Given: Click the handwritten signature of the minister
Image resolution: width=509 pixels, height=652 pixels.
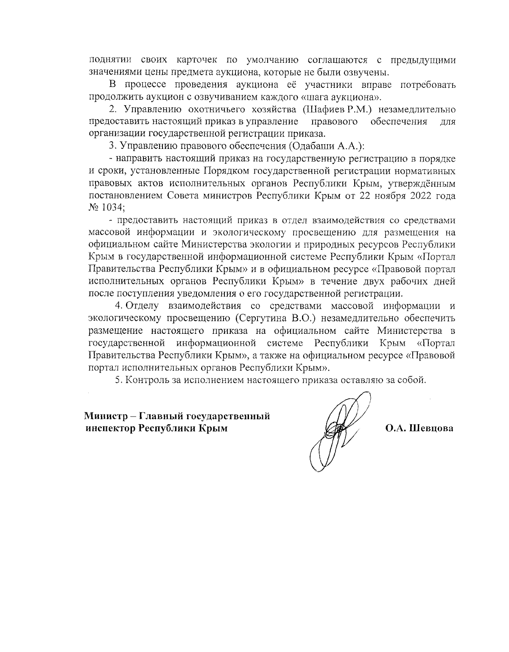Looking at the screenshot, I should [337, 431].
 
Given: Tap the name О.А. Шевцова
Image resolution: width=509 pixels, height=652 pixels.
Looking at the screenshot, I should [419, 428].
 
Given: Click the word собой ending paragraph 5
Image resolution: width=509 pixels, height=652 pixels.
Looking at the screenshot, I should [412, 380].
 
